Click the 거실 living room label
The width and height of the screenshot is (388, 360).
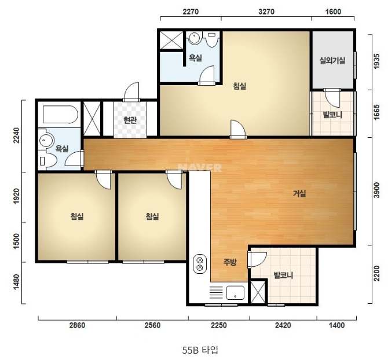pyautogui.click(x=299, y=193)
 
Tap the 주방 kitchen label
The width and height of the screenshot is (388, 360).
pyautogui.click(x=230, y=262)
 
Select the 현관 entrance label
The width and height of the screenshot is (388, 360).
pyautogui.click(x=130, y=120)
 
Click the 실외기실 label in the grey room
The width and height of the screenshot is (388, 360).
pyautogui.click(x=332, y=61)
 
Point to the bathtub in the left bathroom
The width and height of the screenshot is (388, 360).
pyautogui.click(x=60, y=115)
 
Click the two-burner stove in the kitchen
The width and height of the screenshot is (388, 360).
pyautogui.click(x=200, y=264)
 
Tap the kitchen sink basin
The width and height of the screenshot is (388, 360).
pyautogui.click(x=235, y=293)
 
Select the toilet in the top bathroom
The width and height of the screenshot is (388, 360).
pyautogui.click(x=212, y=39)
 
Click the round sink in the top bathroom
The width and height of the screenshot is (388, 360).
pyautogui.click(x=194, y=38)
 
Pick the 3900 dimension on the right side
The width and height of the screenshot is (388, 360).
pyautogui.click(x=376, y=190)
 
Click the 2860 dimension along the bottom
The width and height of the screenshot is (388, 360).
pyautogui.click(x=77, y=325)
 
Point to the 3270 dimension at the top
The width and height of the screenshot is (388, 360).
pyautogui.click(x=266, y=12)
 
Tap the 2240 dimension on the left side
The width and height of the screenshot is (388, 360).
pyautogui.click(x=16, y=135)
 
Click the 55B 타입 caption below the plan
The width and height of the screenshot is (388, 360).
pyautogui.click(x=200, y=350)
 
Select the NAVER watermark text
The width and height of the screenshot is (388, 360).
pyautogui.click(x=200, y=168)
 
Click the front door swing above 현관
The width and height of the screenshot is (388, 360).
pyautogui.click(x=131, y=92)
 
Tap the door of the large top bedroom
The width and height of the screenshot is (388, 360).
pyautogui.click(x=238, y=129)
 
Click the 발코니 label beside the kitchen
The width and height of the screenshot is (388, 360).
pyautogui.click(x=283, y=275)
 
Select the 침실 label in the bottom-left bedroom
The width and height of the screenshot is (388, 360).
pyautogui.click(x=77, y=216)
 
